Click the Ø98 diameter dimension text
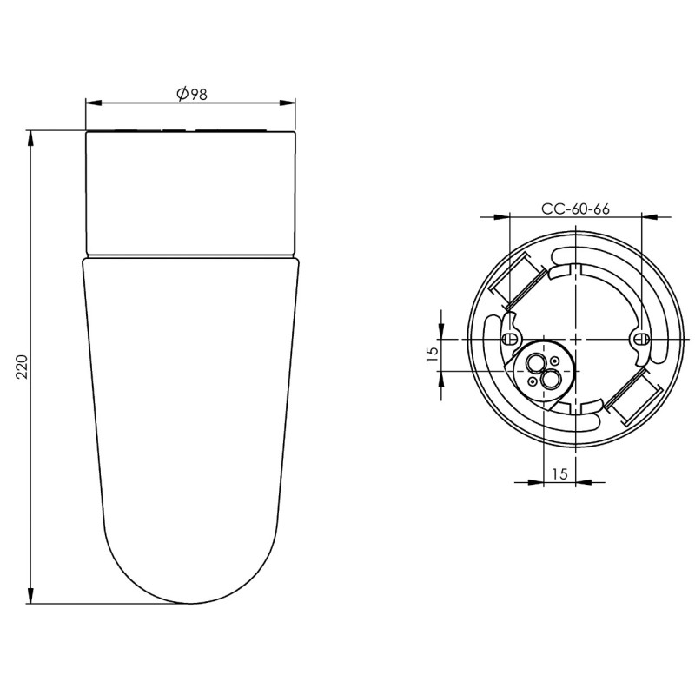(x=192, y=94)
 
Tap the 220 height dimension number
(x=23, y=367)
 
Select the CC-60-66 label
(x=575, y=208)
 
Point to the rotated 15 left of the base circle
(x=433, y=354)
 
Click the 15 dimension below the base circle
(x=559, y=473)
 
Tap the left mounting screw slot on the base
(x=510, y=339)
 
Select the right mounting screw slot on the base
(x=639, y=339)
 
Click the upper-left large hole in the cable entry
(x=534, y=363)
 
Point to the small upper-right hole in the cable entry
(x=553, y=361)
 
